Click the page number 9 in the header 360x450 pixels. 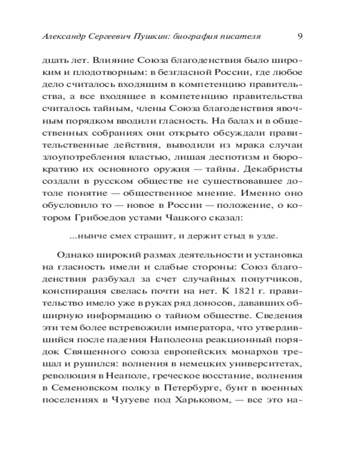(x=300, y=36)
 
